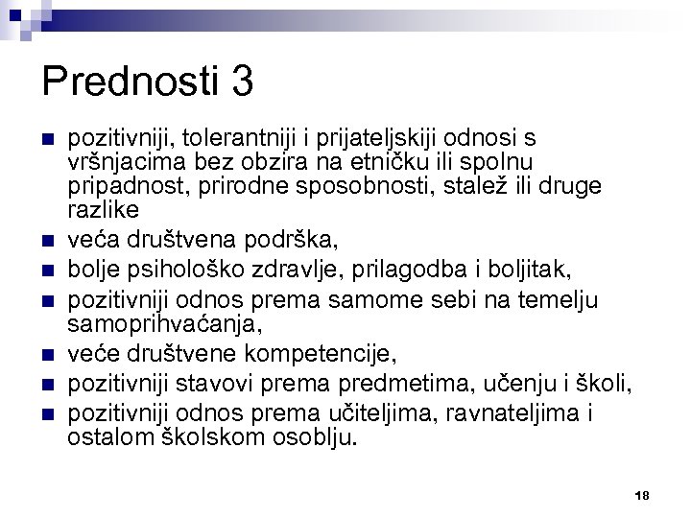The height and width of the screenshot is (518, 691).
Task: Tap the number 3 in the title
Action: tap(242, 82)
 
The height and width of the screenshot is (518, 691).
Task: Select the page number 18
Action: tap(642, 495)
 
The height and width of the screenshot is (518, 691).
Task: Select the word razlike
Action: tap(104, 209)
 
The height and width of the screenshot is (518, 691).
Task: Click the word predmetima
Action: tap(412, 370)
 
